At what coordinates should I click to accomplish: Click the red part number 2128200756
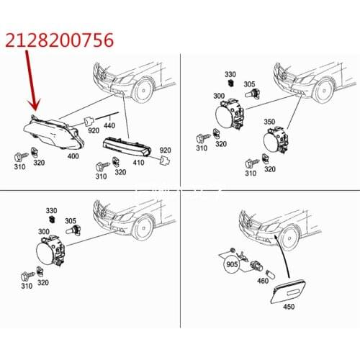[59, 40]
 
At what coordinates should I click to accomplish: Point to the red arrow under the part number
[31, 81]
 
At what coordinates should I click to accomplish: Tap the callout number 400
[73, 156]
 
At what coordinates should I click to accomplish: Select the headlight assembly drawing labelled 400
[54, 132]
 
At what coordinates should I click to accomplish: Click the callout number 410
[138, 163]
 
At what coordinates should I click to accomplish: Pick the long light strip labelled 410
[127, 147]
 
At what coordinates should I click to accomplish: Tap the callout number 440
[109, 125]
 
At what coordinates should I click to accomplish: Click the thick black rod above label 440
[107, 115]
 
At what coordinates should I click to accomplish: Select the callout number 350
[269, 122]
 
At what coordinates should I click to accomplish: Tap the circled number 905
[232, 264]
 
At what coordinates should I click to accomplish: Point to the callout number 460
[263, 281]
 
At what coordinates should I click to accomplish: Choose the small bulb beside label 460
[270, 274]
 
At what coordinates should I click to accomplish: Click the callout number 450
[289, 307]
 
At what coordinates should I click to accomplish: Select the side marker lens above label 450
[288, 292]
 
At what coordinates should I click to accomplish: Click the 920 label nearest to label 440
[94, 130]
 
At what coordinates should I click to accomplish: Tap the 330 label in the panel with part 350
[230, 74]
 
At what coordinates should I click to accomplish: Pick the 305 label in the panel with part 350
[249, 84]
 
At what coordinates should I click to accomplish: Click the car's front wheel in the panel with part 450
[291, 238]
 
